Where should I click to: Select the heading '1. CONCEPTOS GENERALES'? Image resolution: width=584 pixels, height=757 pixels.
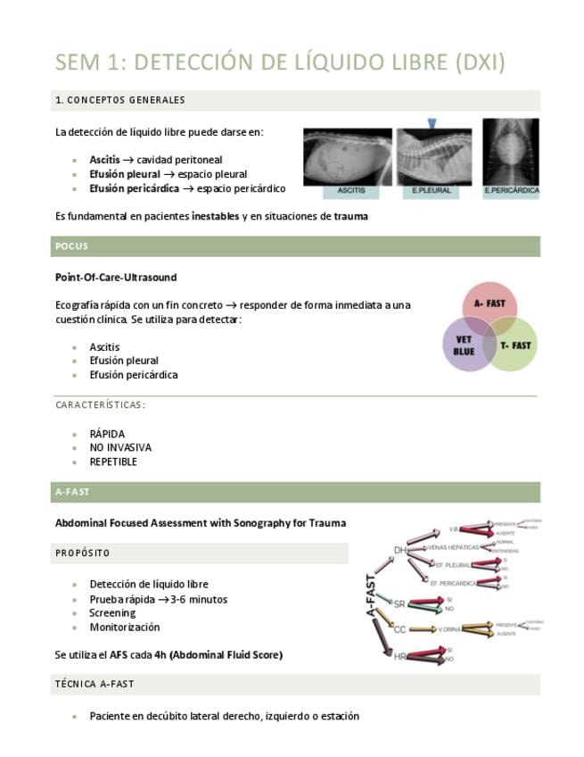point(120,100)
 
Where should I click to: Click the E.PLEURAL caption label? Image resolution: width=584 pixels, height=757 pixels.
point(432,191)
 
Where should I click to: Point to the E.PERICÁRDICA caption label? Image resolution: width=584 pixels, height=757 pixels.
point(510,191)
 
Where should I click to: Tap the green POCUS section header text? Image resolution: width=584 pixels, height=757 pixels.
point(71,246)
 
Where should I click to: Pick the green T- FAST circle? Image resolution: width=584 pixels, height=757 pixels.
point(515,345)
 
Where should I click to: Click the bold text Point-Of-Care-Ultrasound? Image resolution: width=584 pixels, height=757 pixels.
point(116,278)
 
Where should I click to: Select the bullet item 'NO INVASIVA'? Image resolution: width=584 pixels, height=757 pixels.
point(120,448)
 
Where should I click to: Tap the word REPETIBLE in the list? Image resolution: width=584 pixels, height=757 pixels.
point(113,462)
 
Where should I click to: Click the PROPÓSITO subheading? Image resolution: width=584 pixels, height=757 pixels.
point(82,553)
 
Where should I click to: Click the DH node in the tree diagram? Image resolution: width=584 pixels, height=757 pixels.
point(400,551)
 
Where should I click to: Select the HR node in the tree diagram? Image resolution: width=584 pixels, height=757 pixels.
point(400,656)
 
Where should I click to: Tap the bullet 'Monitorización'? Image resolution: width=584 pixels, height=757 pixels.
point(125,628)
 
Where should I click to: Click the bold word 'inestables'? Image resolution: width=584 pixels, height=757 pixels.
point(215,217)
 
